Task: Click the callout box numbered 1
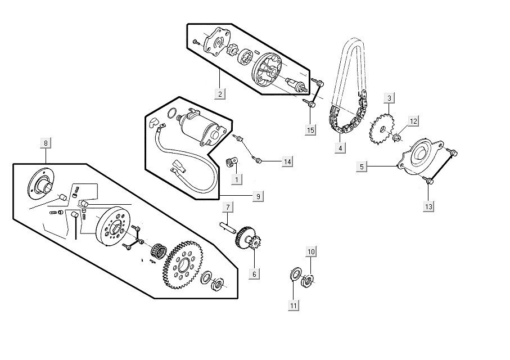(237, 179)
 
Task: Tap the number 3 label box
(389, 99)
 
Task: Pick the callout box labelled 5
(362, 166)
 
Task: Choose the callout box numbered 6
(254, 274)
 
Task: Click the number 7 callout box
(228, 208)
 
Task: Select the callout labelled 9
(258, 196)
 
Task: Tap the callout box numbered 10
(311, 251)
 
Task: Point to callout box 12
(413, 121)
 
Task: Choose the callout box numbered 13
(429, 206)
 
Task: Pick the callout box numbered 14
(287, 162)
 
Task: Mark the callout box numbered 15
(310, 130)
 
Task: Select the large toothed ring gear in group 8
(183, 263)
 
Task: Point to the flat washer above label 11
(294, 275)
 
